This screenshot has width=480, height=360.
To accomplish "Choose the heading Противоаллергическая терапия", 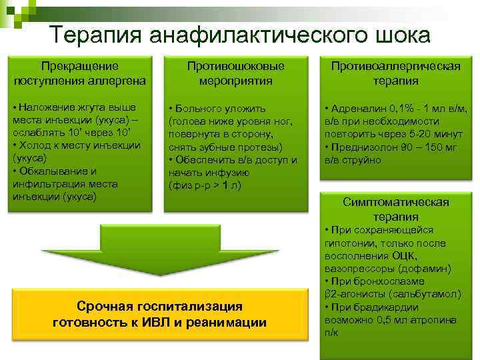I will click(x=395, y=73).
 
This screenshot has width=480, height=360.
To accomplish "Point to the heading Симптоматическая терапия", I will click(x=395, y=209).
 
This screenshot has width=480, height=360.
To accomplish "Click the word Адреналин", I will click(x=361, y=108).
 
